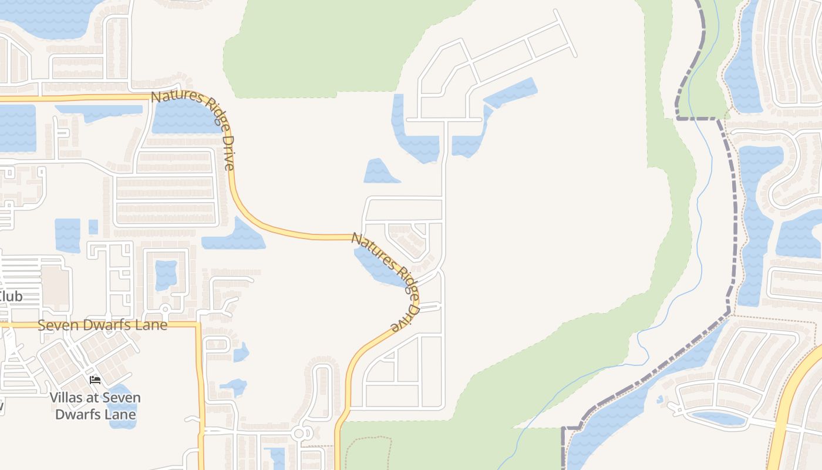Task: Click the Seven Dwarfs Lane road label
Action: tap(103, 325)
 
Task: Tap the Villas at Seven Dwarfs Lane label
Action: tap(95, 406)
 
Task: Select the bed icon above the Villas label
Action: tap(95, 380)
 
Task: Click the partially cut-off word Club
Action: tap(11, 296)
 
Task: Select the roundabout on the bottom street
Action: tap(299, 434)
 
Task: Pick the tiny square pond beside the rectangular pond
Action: tap(93, 227)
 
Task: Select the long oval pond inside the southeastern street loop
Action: tap(717, 418)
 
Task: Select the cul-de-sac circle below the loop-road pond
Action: tap(165, 308)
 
